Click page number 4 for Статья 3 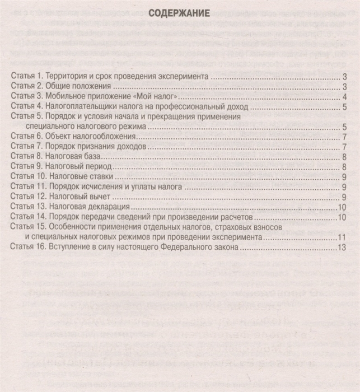click(x=345, y=97)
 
